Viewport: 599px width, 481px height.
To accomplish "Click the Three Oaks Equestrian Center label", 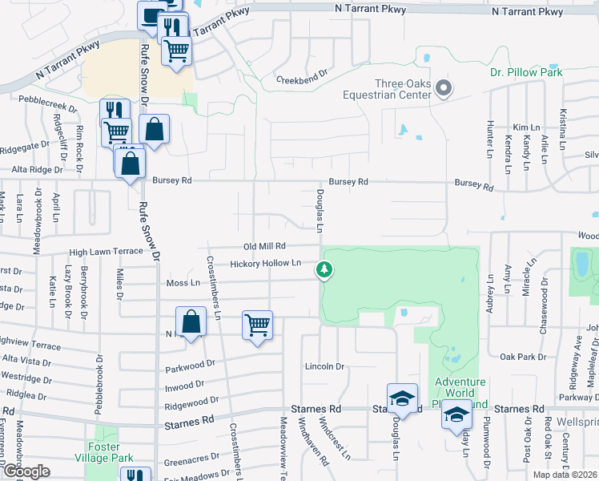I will point(404,89).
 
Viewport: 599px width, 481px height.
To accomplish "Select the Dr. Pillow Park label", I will point(527,72).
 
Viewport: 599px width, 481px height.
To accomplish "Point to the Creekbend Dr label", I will point(303,80).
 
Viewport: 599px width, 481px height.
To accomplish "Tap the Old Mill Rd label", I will point(264,246).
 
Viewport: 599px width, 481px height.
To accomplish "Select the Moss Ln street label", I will point(183,283).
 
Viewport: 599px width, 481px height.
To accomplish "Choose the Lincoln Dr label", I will point(324,366).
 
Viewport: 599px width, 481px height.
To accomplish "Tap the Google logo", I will point(26,471).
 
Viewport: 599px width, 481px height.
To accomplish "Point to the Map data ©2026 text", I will point(565,475).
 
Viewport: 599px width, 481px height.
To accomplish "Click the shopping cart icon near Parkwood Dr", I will point(257,325).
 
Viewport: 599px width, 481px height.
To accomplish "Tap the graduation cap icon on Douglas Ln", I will point(402,398).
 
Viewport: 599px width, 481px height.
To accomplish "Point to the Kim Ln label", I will point(527,127).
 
